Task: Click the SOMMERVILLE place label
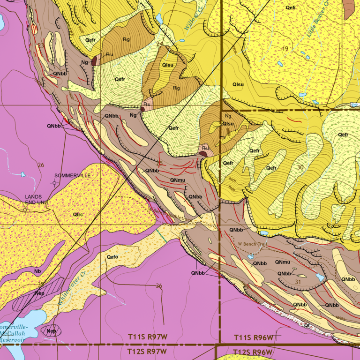tap(72, 175)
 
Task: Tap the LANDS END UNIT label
tap(37, 200)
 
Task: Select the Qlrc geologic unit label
tap(78, 215)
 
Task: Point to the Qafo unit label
tap(112, 257)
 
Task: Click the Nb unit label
tap(37, 271)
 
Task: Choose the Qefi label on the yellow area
tap(291, 7)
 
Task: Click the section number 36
tap(159, 286)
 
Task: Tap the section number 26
tap(41, 165)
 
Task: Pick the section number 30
tap(300, 166)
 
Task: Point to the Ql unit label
tap(306, 324)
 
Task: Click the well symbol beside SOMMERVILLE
tap(54, 183)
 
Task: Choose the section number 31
tap(298, 282)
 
